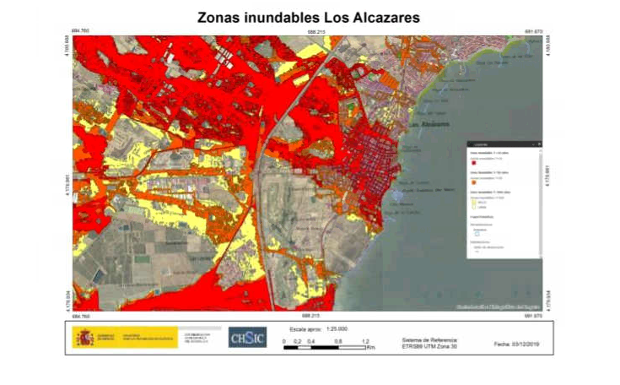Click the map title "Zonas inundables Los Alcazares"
(x=308, y=17)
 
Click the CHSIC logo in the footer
(x=247, y=338)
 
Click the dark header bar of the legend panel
(x=504, y=144)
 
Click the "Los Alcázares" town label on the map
(x=424, y=126)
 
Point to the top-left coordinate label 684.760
(x=83, y=32)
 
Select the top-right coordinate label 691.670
(x=532, y=32)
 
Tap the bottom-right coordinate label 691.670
(x=532, y=316)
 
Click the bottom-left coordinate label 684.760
(x=83, y=316)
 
